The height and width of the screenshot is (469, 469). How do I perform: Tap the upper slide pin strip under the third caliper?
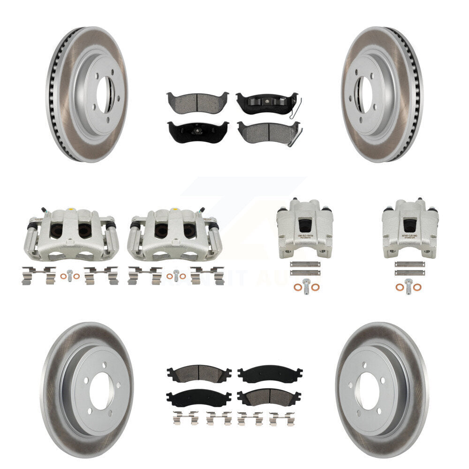pos(305,264)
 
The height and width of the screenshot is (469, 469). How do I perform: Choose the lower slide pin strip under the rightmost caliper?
pos(409,272)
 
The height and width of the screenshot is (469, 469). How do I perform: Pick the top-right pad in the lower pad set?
pos(270,374)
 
